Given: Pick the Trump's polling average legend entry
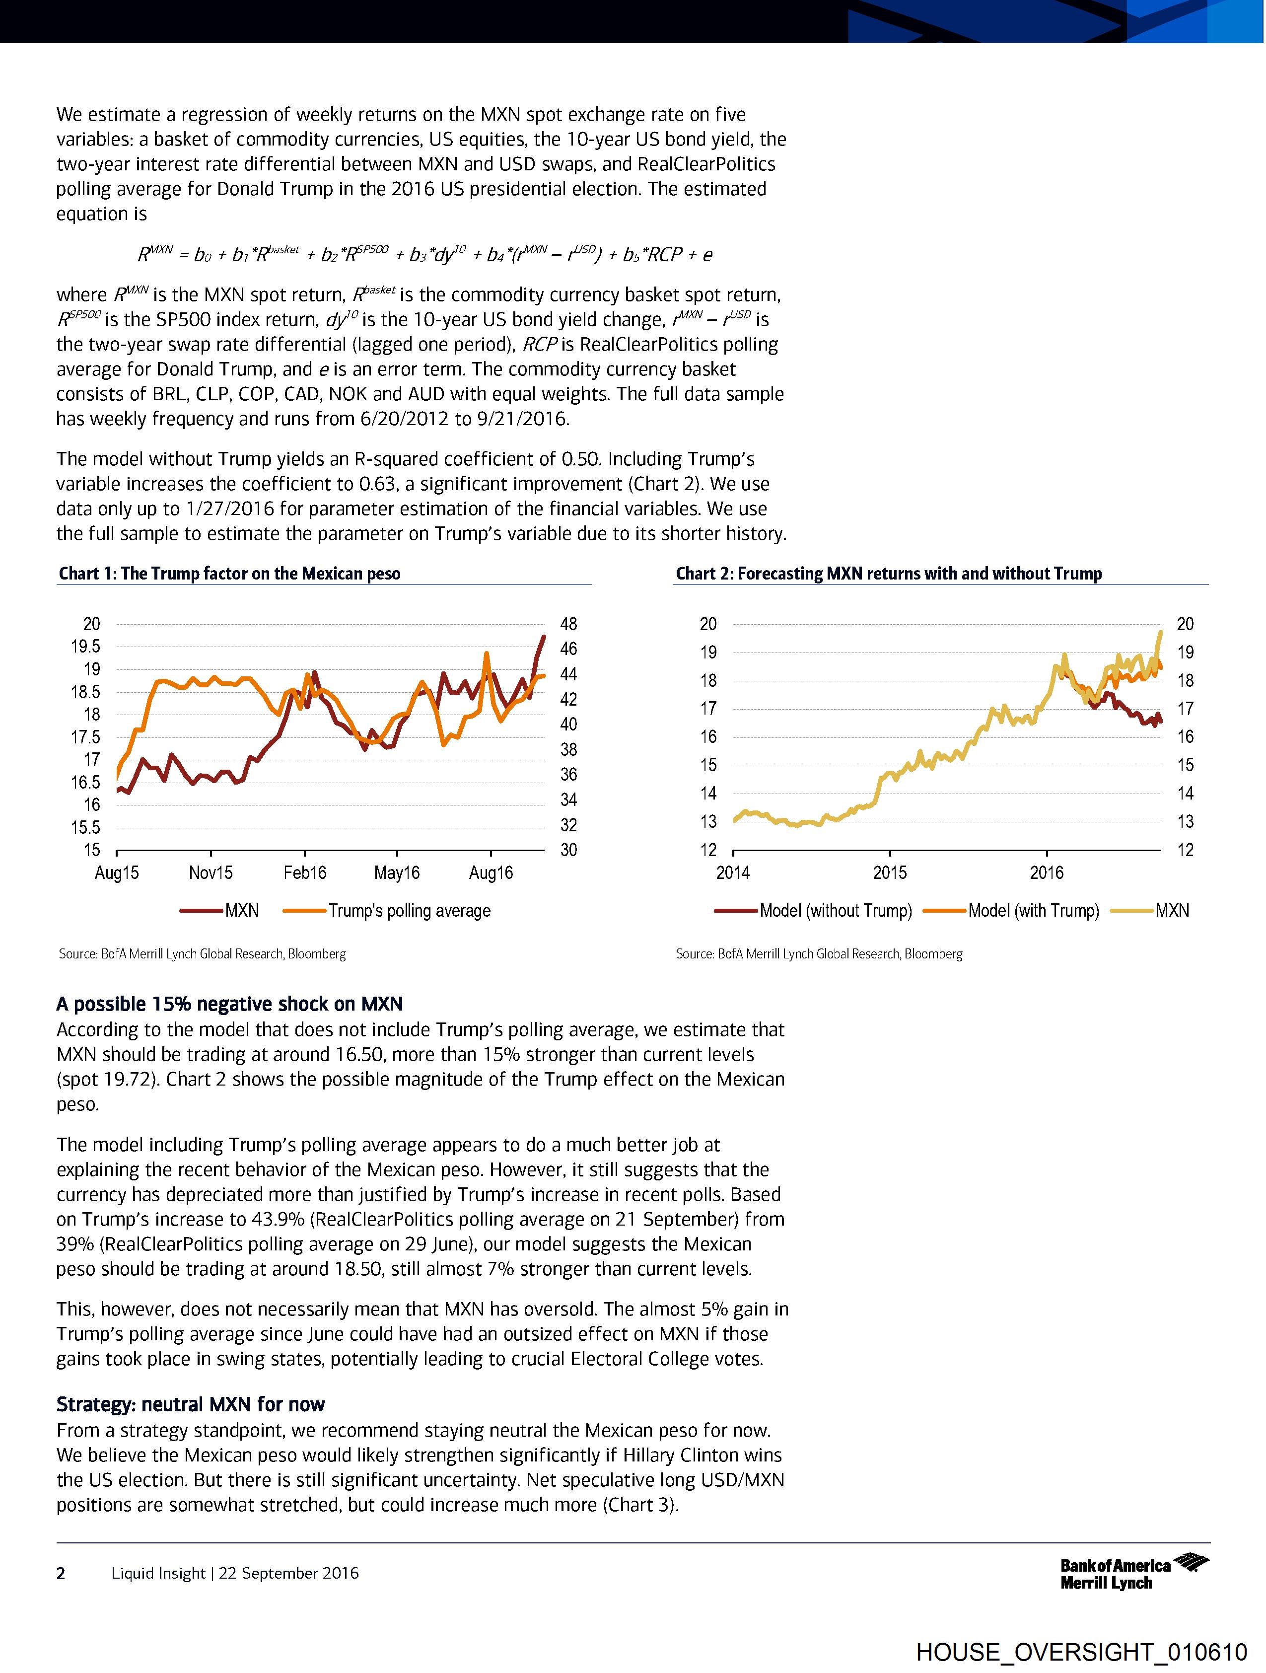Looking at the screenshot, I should [387, 911].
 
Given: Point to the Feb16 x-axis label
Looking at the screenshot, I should [305, 873].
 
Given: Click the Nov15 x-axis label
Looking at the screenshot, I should [211, 873].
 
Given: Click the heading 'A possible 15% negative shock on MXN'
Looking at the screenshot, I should [229, 1004].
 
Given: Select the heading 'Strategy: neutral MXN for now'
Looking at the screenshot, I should [191, 1404].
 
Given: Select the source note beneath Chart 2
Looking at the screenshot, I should [819, 954].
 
